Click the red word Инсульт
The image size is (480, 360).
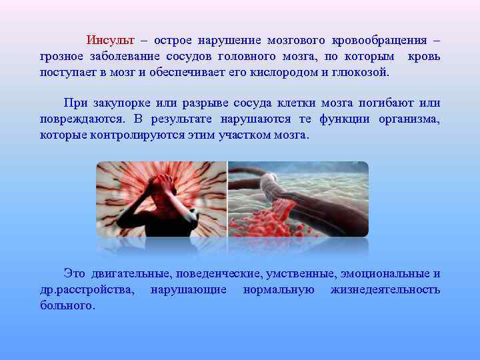(x=111, y=41)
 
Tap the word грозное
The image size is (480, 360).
(x=61, y=57)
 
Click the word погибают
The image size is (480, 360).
(x=385, y=103)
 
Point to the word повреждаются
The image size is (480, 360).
(x=81, y=119)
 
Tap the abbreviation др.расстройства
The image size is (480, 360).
(x=87, y=289)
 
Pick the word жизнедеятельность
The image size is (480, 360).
(x=385, y=289)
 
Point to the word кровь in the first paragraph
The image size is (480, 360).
(x=423, y=57)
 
